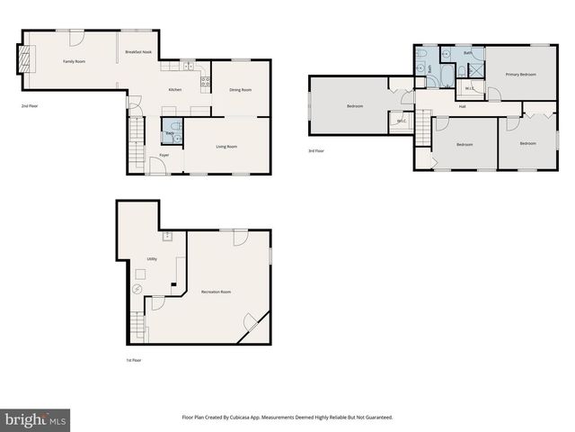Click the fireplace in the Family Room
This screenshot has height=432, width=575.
pyautogui.click(x=27, y=60)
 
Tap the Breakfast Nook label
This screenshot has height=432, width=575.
pyautogui.click(x=138, y=52)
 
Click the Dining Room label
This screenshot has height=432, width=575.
pyautogui.click(x=240, y=90)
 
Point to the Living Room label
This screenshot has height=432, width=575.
pyautogui.click(x=226, y=147)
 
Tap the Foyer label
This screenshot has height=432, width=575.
pyautogui.click(x=164, y=156)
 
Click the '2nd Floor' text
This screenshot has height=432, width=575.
pyautogui.click(x=30, y=106)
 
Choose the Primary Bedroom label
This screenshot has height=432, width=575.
pyautogui.click(x=520, y=74)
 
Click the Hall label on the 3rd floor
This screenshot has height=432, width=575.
pyautogui.click(x=462, y=107)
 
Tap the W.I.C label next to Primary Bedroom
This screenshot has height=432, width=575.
pyautogui.click(x=470, y=88)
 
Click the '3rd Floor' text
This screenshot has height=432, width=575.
pyautogui.click(x=316, y=151)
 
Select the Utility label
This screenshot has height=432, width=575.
pyautogui.click(x=152, y=259)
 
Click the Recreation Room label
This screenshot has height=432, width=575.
pyautogui.click(x=217, y=292)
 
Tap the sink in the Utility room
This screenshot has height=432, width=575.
pyautogui.click(x=167, y=237)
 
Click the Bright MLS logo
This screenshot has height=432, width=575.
pyautogui.click(x=36, y=419)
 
